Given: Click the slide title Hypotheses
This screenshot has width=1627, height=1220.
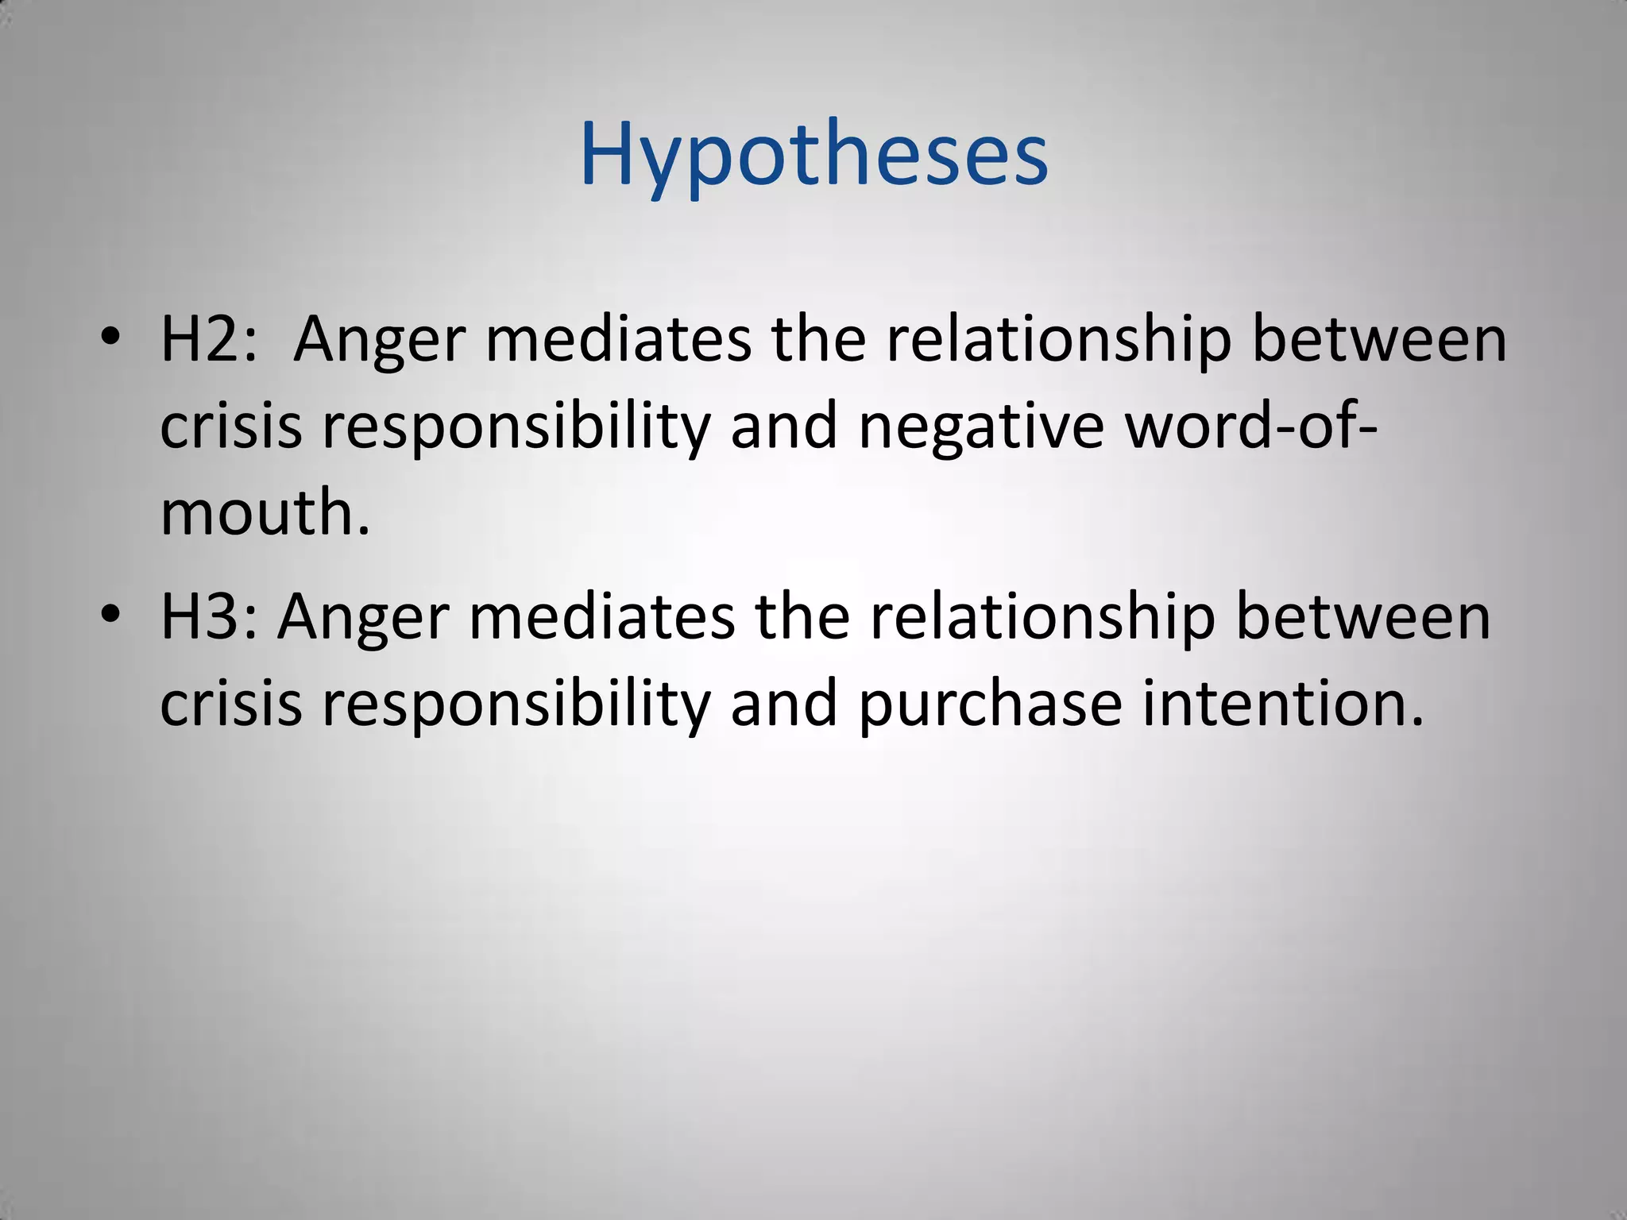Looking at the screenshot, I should [813, 155].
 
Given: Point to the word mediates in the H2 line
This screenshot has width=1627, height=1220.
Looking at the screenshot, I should [618, 339].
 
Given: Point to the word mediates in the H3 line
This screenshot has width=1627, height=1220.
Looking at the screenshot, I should [602, 617].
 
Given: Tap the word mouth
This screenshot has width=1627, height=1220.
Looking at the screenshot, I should [265, 513].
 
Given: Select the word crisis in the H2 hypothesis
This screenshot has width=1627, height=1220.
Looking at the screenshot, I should [231, 426].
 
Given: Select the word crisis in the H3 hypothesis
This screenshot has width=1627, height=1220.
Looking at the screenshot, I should [231, 704].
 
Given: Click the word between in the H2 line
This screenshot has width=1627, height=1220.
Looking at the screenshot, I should [1379, 339].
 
